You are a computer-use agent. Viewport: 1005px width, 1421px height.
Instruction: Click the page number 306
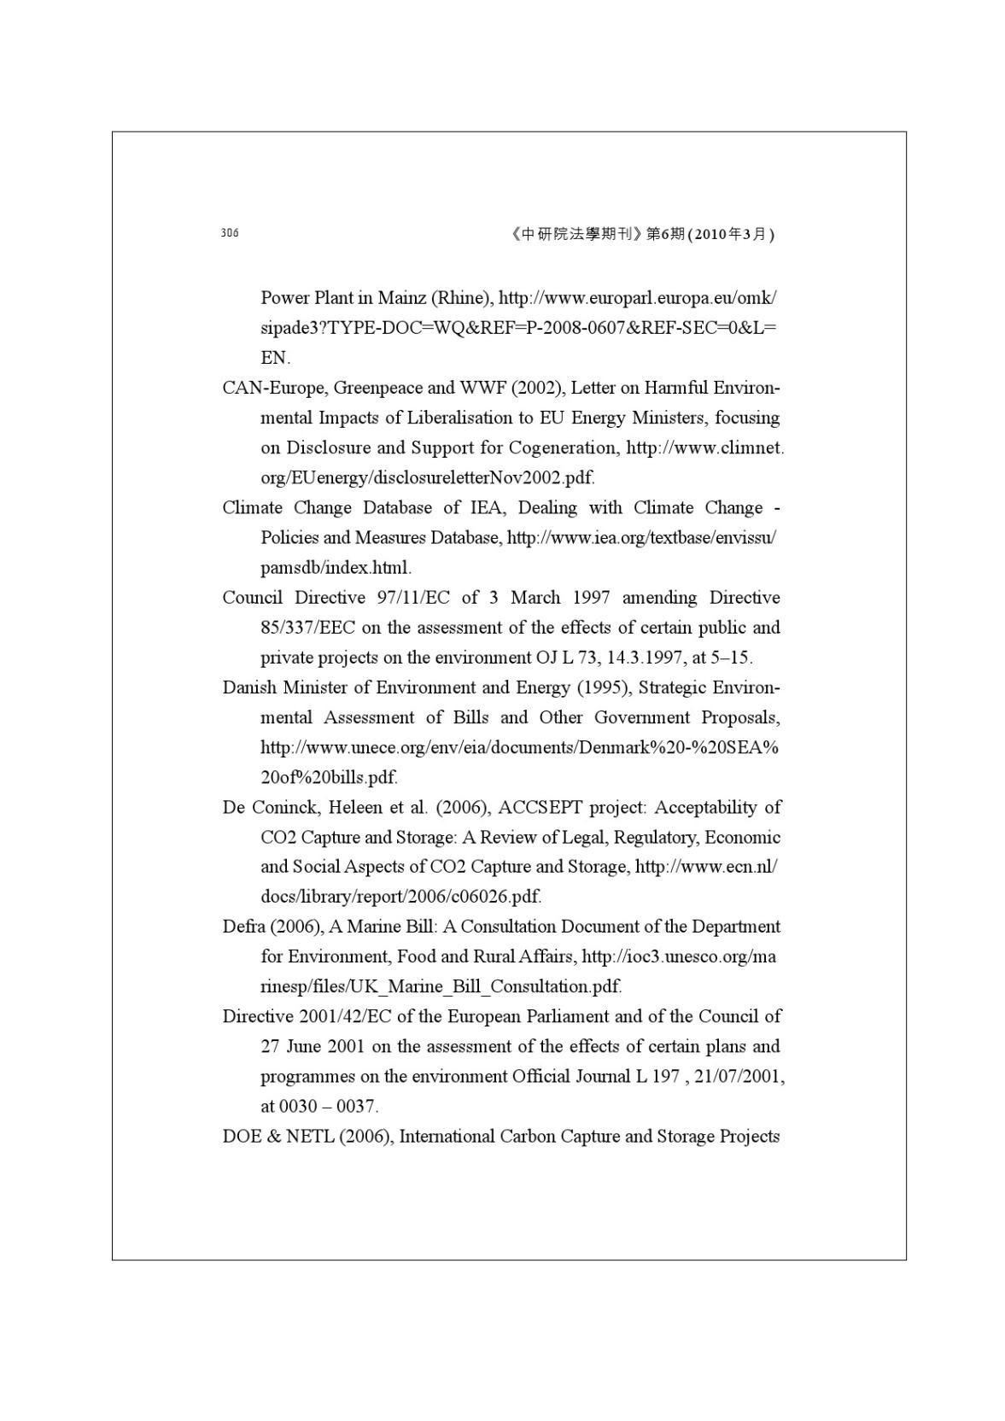pos(230,233)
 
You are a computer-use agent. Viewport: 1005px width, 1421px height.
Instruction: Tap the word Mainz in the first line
pos(402,298)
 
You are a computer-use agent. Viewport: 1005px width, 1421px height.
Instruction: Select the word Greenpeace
pos(377,388)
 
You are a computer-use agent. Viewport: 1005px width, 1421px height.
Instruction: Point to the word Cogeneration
pos(563,447)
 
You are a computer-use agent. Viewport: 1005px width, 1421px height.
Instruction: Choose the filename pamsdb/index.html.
pos(336,568)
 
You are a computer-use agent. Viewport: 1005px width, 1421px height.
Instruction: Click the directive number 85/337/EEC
pos(307,628)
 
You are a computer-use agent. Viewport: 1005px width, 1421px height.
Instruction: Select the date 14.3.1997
pos(642,658)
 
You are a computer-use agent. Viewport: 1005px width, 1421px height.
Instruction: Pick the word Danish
pos(248,687)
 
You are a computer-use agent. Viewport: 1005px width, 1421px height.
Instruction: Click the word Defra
pos(242,927)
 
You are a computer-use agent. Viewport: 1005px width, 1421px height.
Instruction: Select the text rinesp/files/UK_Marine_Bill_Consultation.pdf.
pos(441,987)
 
